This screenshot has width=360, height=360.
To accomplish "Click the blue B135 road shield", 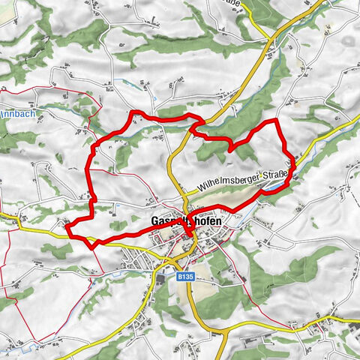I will (186, 277).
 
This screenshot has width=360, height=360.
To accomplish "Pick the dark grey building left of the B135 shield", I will (160, 279).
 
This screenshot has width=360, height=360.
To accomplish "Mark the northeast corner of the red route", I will (277, 120).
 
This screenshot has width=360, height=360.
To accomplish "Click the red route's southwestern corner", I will (92, 244).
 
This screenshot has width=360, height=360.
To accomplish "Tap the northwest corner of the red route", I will (135, 112).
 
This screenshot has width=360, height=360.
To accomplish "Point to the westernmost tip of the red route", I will (67, 224).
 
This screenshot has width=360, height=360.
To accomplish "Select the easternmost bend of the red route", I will (293, 174).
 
